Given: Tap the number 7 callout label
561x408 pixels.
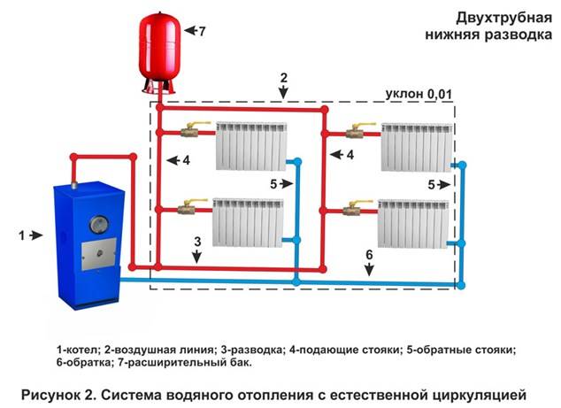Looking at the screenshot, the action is click(202, 32).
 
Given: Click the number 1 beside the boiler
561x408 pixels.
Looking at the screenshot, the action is click(22, 235).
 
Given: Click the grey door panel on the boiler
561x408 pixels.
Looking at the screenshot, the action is click(99, 253).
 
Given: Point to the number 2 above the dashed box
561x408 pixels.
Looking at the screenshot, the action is click(284, 78).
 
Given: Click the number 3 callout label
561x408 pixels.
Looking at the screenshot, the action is click(198, 242).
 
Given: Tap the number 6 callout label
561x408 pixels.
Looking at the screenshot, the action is click(369, 255).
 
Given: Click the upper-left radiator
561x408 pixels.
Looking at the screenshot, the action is click(251, 146).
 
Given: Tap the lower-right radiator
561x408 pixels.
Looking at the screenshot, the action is click(413, 224).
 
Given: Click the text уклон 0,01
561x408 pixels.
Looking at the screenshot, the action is click(419, 94).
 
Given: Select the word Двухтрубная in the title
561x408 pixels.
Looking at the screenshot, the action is click(503, 19).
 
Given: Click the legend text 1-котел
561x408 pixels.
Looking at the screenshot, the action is click(77, 350).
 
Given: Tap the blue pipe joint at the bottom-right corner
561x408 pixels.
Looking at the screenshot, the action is click(462, 285).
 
